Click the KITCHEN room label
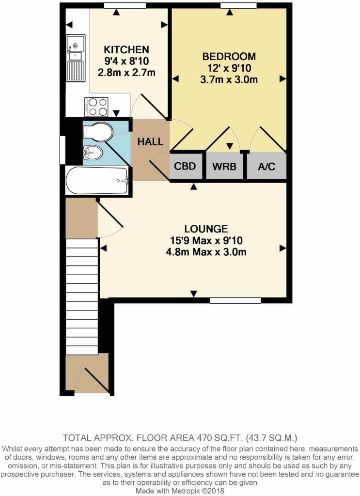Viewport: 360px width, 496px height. coord(126,49)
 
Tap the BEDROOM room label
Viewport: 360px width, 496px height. coord(229,56)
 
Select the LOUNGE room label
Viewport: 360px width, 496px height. coord(206,228)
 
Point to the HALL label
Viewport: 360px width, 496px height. coord(150,142)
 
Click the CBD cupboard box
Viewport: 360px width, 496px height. coord(185,167)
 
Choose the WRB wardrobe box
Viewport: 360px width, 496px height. coord(225,167)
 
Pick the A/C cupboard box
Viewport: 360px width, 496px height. coord(266,167)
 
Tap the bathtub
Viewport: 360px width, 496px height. coord(97,181)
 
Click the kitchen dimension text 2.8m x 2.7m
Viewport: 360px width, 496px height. coord(126,73)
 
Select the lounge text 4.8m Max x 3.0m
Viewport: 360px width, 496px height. coord(206,252)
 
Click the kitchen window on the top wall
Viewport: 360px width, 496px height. coord(125,5)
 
